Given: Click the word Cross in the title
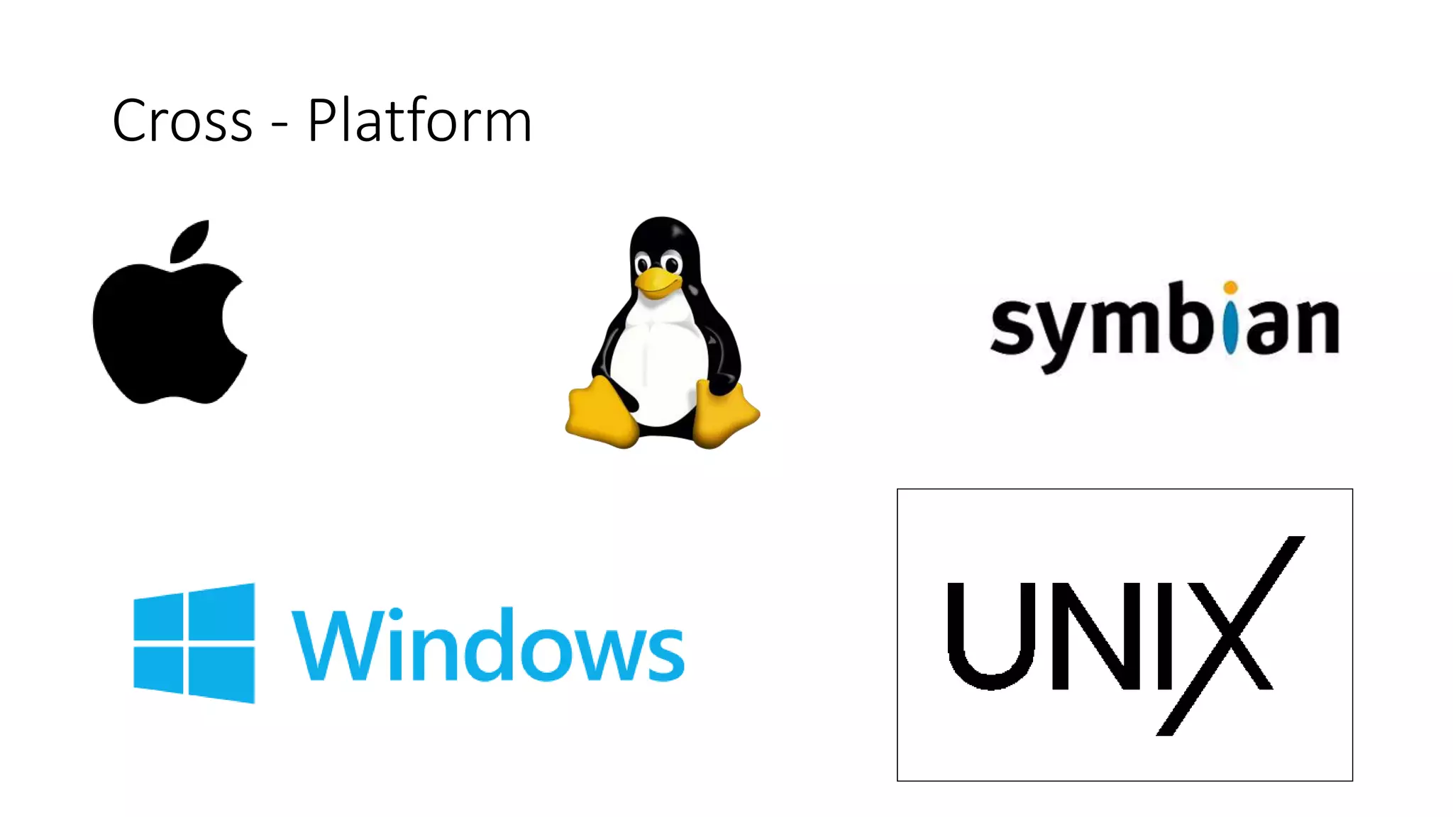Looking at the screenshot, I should click(182, 121).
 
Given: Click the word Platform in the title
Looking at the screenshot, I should click(419, 121).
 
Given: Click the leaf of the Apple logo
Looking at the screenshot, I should click(191, 241).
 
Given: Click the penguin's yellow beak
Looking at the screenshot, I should click(656, 282).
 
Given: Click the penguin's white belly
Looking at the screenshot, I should click(656, 362).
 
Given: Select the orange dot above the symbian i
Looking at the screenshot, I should click(1230, 287).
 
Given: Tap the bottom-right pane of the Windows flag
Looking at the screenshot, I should click(221, 674).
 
